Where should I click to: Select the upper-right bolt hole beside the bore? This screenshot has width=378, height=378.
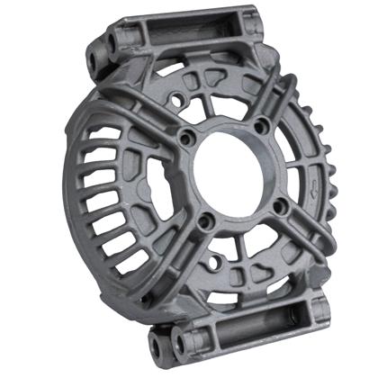(262, 125)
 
